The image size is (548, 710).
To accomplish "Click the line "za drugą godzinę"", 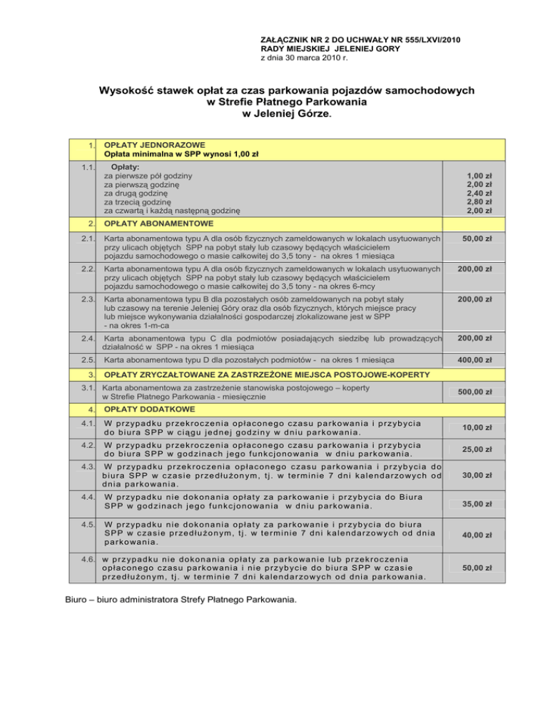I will tap(136, 193).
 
